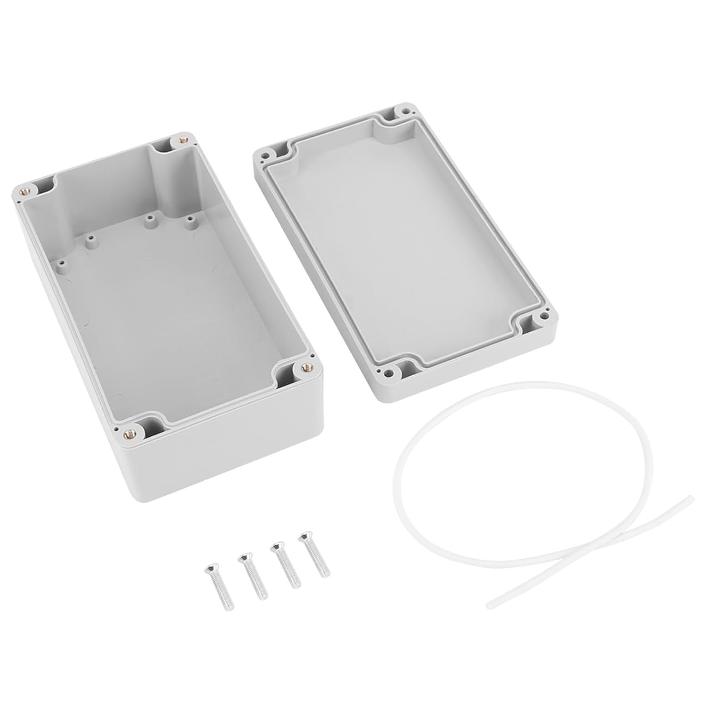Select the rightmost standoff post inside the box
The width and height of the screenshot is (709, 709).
pos(190,221)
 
